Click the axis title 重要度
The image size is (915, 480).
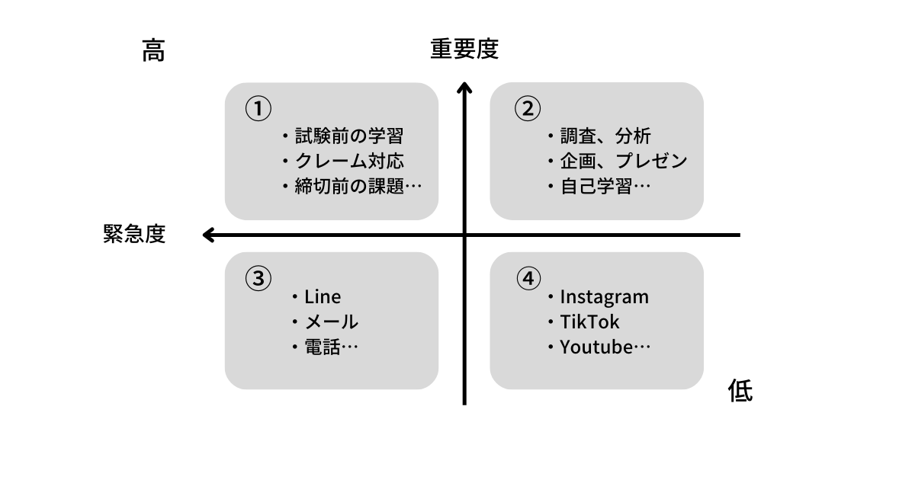click(464, 50)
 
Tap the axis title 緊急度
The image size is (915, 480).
click(134, 234)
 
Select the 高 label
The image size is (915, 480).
click(153, 51)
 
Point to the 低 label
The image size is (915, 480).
click(740, 391)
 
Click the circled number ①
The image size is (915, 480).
click(258, 108)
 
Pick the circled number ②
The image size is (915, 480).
click(528, 108)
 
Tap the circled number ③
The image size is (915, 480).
click(258, 278)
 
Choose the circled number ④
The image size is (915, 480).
click(528, 278)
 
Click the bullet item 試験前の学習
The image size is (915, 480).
click(349, 136)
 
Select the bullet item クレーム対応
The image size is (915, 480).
click(349, 162)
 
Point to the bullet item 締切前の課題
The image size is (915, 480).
click(349, 186)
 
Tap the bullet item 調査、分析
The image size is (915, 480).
click(605, 136)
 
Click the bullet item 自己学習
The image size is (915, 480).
click(596, 186)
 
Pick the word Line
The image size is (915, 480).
click(323, 297)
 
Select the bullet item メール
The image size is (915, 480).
click(332, 322)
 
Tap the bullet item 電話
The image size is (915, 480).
click(323, 347)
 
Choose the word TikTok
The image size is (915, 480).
click(589, 322)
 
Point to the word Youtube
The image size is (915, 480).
click(597, 347)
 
